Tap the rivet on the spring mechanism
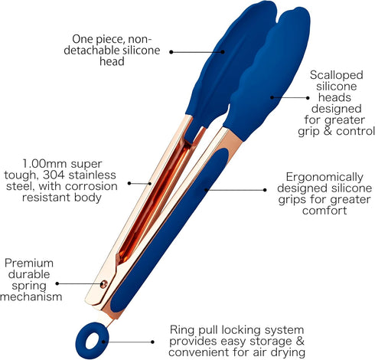point(104,284)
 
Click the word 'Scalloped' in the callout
point(336,75)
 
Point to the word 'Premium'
point(29,263)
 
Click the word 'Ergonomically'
point(324,177)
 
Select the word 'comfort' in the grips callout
point(324,211)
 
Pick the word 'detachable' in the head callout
point(91,50)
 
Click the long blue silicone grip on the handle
point(169,231)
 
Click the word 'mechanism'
point(31,297)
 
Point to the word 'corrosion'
point(91,186)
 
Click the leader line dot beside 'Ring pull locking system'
point(152,342)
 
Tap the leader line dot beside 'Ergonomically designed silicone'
point(265,190)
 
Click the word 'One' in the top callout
point(83,39)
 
